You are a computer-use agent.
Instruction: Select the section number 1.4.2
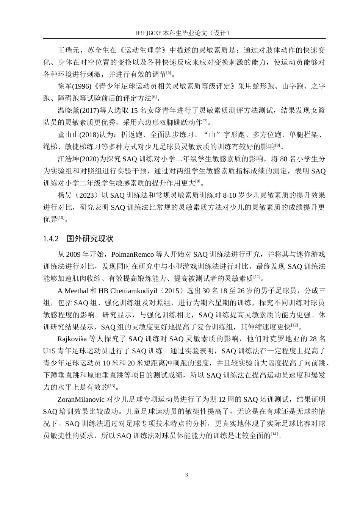click(x=51, y=239)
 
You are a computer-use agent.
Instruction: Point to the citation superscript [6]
click(x=154, y=97)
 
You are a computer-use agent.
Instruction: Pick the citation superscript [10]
click(x=61, y=218)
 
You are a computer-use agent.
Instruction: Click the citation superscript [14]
click(x=275, y=434)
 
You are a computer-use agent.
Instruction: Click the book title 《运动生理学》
click(x=143, y=50)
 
